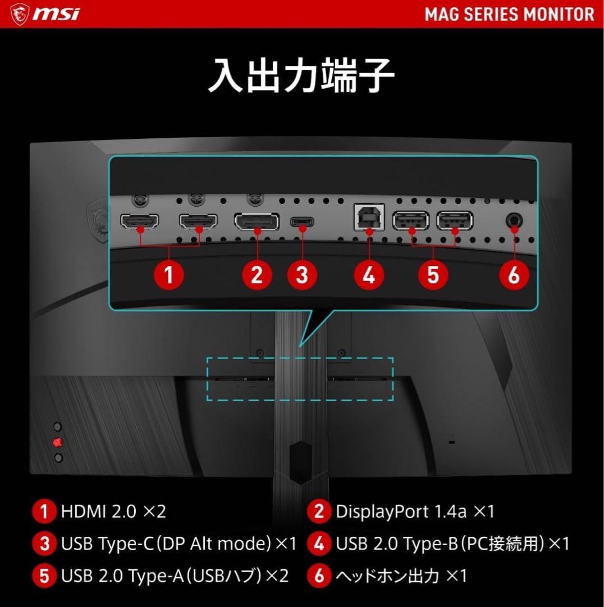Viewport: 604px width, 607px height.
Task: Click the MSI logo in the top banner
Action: [x=45, y=13]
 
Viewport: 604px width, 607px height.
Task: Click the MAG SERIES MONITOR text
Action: [x=509, y=14]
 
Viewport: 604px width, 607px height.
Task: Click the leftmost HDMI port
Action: [x=140, y=221]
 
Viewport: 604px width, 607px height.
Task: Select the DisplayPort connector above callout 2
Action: [x=257, y=221]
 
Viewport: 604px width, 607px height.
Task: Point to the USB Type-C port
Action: [x=303, y=221]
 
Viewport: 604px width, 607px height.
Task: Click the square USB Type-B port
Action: [x=369, y=217]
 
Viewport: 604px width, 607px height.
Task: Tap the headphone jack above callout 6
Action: [x=514, y=220]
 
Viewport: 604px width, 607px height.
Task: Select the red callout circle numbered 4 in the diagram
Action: [x=369, y=275]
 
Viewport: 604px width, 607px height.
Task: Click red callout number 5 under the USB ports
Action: [x=433, y=275]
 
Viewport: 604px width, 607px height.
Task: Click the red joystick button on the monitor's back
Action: [x=57, y=442]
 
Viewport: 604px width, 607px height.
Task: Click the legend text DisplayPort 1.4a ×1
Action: [x=415, y=511]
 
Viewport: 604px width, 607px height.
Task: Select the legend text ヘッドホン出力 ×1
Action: [x=401, y=576]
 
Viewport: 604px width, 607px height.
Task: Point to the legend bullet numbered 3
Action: [x=45, y=544]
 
